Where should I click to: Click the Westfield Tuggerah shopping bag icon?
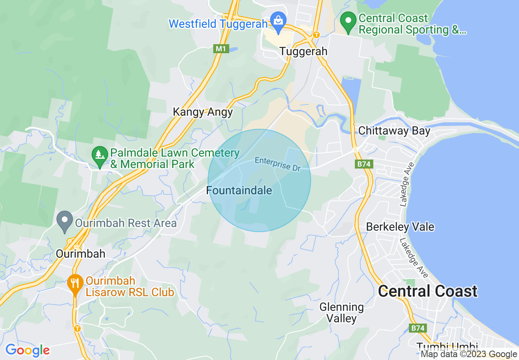point(278,21)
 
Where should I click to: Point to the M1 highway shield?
point(221,49)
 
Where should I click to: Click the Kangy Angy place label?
point(203,112)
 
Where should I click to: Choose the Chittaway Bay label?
point(394,130)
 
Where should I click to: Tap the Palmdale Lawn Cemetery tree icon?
point(99,155)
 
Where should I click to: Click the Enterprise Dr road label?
point(278,164)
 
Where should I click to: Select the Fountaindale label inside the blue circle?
point(239,190)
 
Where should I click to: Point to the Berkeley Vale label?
point(400,227)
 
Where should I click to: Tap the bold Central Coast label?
point(427,291)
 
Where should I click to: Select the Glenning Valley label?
point(341,312)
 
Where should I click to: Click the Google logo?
point(27,350)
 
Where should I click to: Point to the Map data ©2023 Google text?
point(469,354)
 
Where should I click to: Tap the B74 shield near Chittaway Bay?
point(363,164)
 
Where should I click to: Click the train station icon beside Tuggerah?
point(316,35)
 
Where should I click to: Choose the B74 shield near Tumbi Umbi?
point(417,328)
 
